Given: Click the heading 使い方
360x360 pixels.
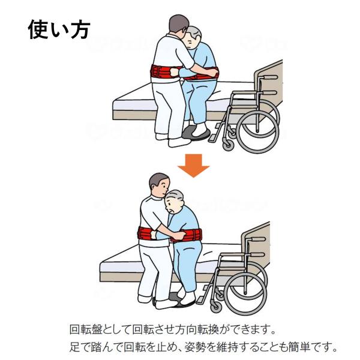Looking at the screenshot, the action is [59, 29].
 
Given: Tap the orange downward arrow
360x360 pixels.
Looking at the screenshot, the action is [194, 166].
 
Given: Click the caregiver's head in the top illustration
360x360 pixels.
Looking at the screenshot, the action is [178, 25].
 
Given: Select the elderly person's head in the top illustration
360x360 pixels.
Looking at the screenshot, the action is [193, 37].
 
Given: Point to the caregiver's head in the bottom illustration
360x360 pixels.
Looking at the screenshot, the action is [160, 184].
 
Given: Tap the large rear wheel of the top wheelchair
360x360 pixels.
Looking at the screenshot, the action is [257, 132].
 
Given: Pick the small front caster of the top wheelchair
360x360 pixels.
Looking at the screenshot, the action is [228, 145].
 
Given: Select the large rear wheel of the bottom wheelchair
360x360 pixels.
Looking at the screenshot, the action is [245, 294].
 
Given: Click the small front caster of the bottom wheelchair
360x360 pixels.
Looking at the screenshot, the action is [216, 307].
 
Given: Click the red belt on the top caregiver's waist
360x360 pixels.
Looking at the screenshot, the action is [163, 71].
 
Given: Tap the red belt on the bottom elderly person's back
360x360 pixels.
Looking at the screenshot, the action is [188, 235].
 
